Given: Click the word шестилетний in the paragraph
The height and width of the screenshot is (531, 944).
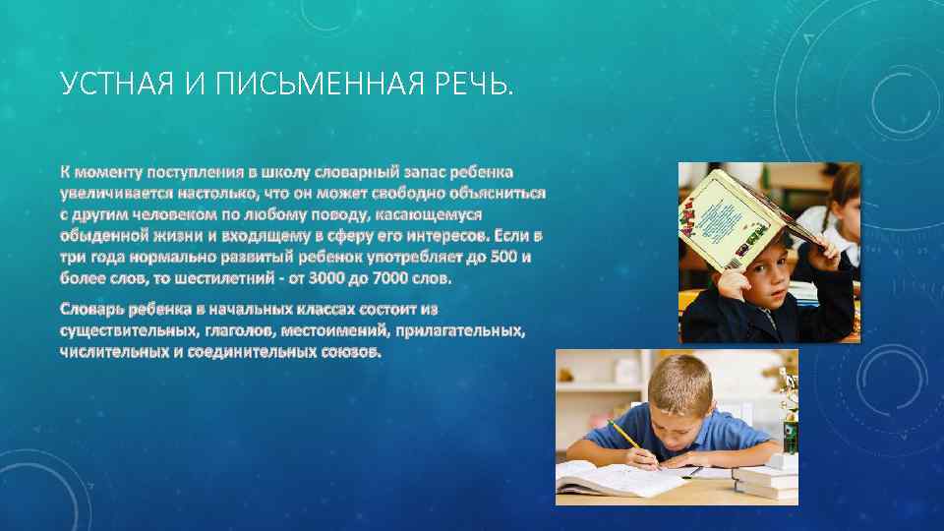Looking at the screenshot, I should point(227,278).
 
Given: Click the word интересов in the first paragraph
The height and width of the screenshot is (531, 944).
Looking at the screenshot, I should point(426,236).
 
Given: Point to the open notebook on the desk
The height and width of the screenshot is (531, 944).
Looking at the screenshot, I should point(610,479).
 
